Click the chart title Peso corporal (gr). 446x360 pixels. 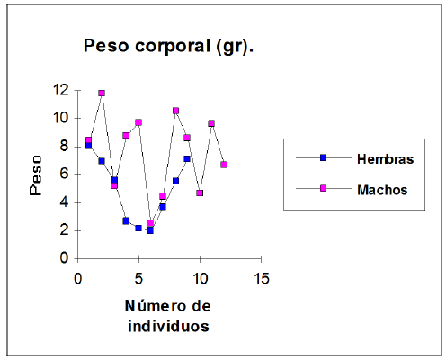pyautogui.click(x=168, y=46)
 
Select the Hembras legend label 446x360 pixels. pyautogui.click(x=384, y=159)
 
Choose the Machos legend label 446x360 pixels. pyautogui.click(x=382, y=190)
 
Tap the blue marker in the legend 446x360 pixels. pyautogui.click(x=323, y=158)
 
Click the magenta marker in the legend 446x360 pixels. pyautogui.click(x=323, y=189)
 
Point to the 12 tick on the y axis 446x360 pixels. pyautogui.click(x=61, y=90)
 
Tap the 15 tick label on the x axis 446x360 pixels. pyautogui.click(x=261, y=276)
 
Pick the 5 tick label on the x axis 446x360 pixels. pyautogui.click(x=138, y=276)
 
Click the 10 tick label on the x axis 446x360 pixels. pyautogui.click(x=200, y=276)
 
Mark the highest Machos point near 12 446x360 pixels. pyautogui.click(x=102, y=93)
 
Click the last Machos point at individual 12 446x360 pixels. pyautogui.click(x=224, y=165)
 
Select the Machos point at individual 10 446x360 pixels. pyautogui.click(x=200, y=193)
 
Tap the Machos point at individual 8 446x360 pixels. pyautogui.click(x=175, y=111)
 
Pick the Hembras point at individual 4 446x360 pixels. pyautogui.click(x=126, y=220)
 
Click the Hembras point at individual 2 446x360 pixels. pyautogui.click(x=102, y=161)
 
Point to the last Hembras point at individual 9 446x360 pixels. pyautogui.click(x=187, y=158)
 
